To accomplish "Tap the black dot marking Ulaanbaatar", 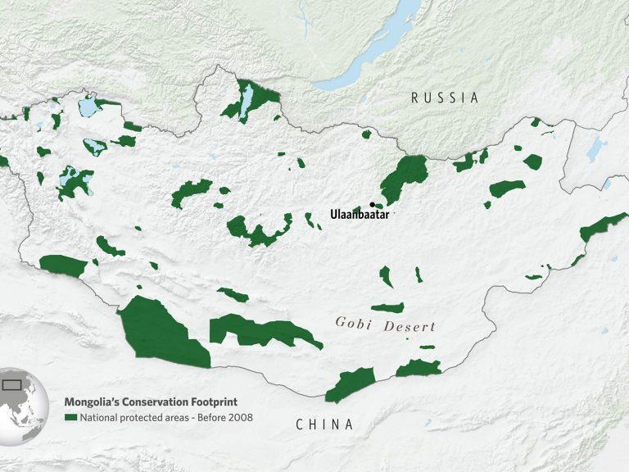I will [x=373, y=204].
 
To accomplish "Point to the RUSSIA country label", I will [x=445, y=98].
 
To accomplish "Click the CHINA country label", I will [x=325, y=424].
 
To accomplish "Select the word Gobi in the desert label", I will [x=352, y=323].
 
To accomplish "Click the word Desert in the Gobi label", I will [x=407, y=326].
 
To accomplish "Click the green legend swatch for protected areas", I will [x=70, y=417].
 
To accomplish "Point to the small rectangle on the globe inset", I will [x=11, y=383].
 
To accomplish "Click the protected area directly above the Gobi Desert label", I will [x=388, y=309].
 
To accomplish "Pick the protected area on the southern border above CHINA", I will [x=350, y=383].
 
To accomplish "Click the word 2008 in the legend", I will [x=241, y=417].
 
